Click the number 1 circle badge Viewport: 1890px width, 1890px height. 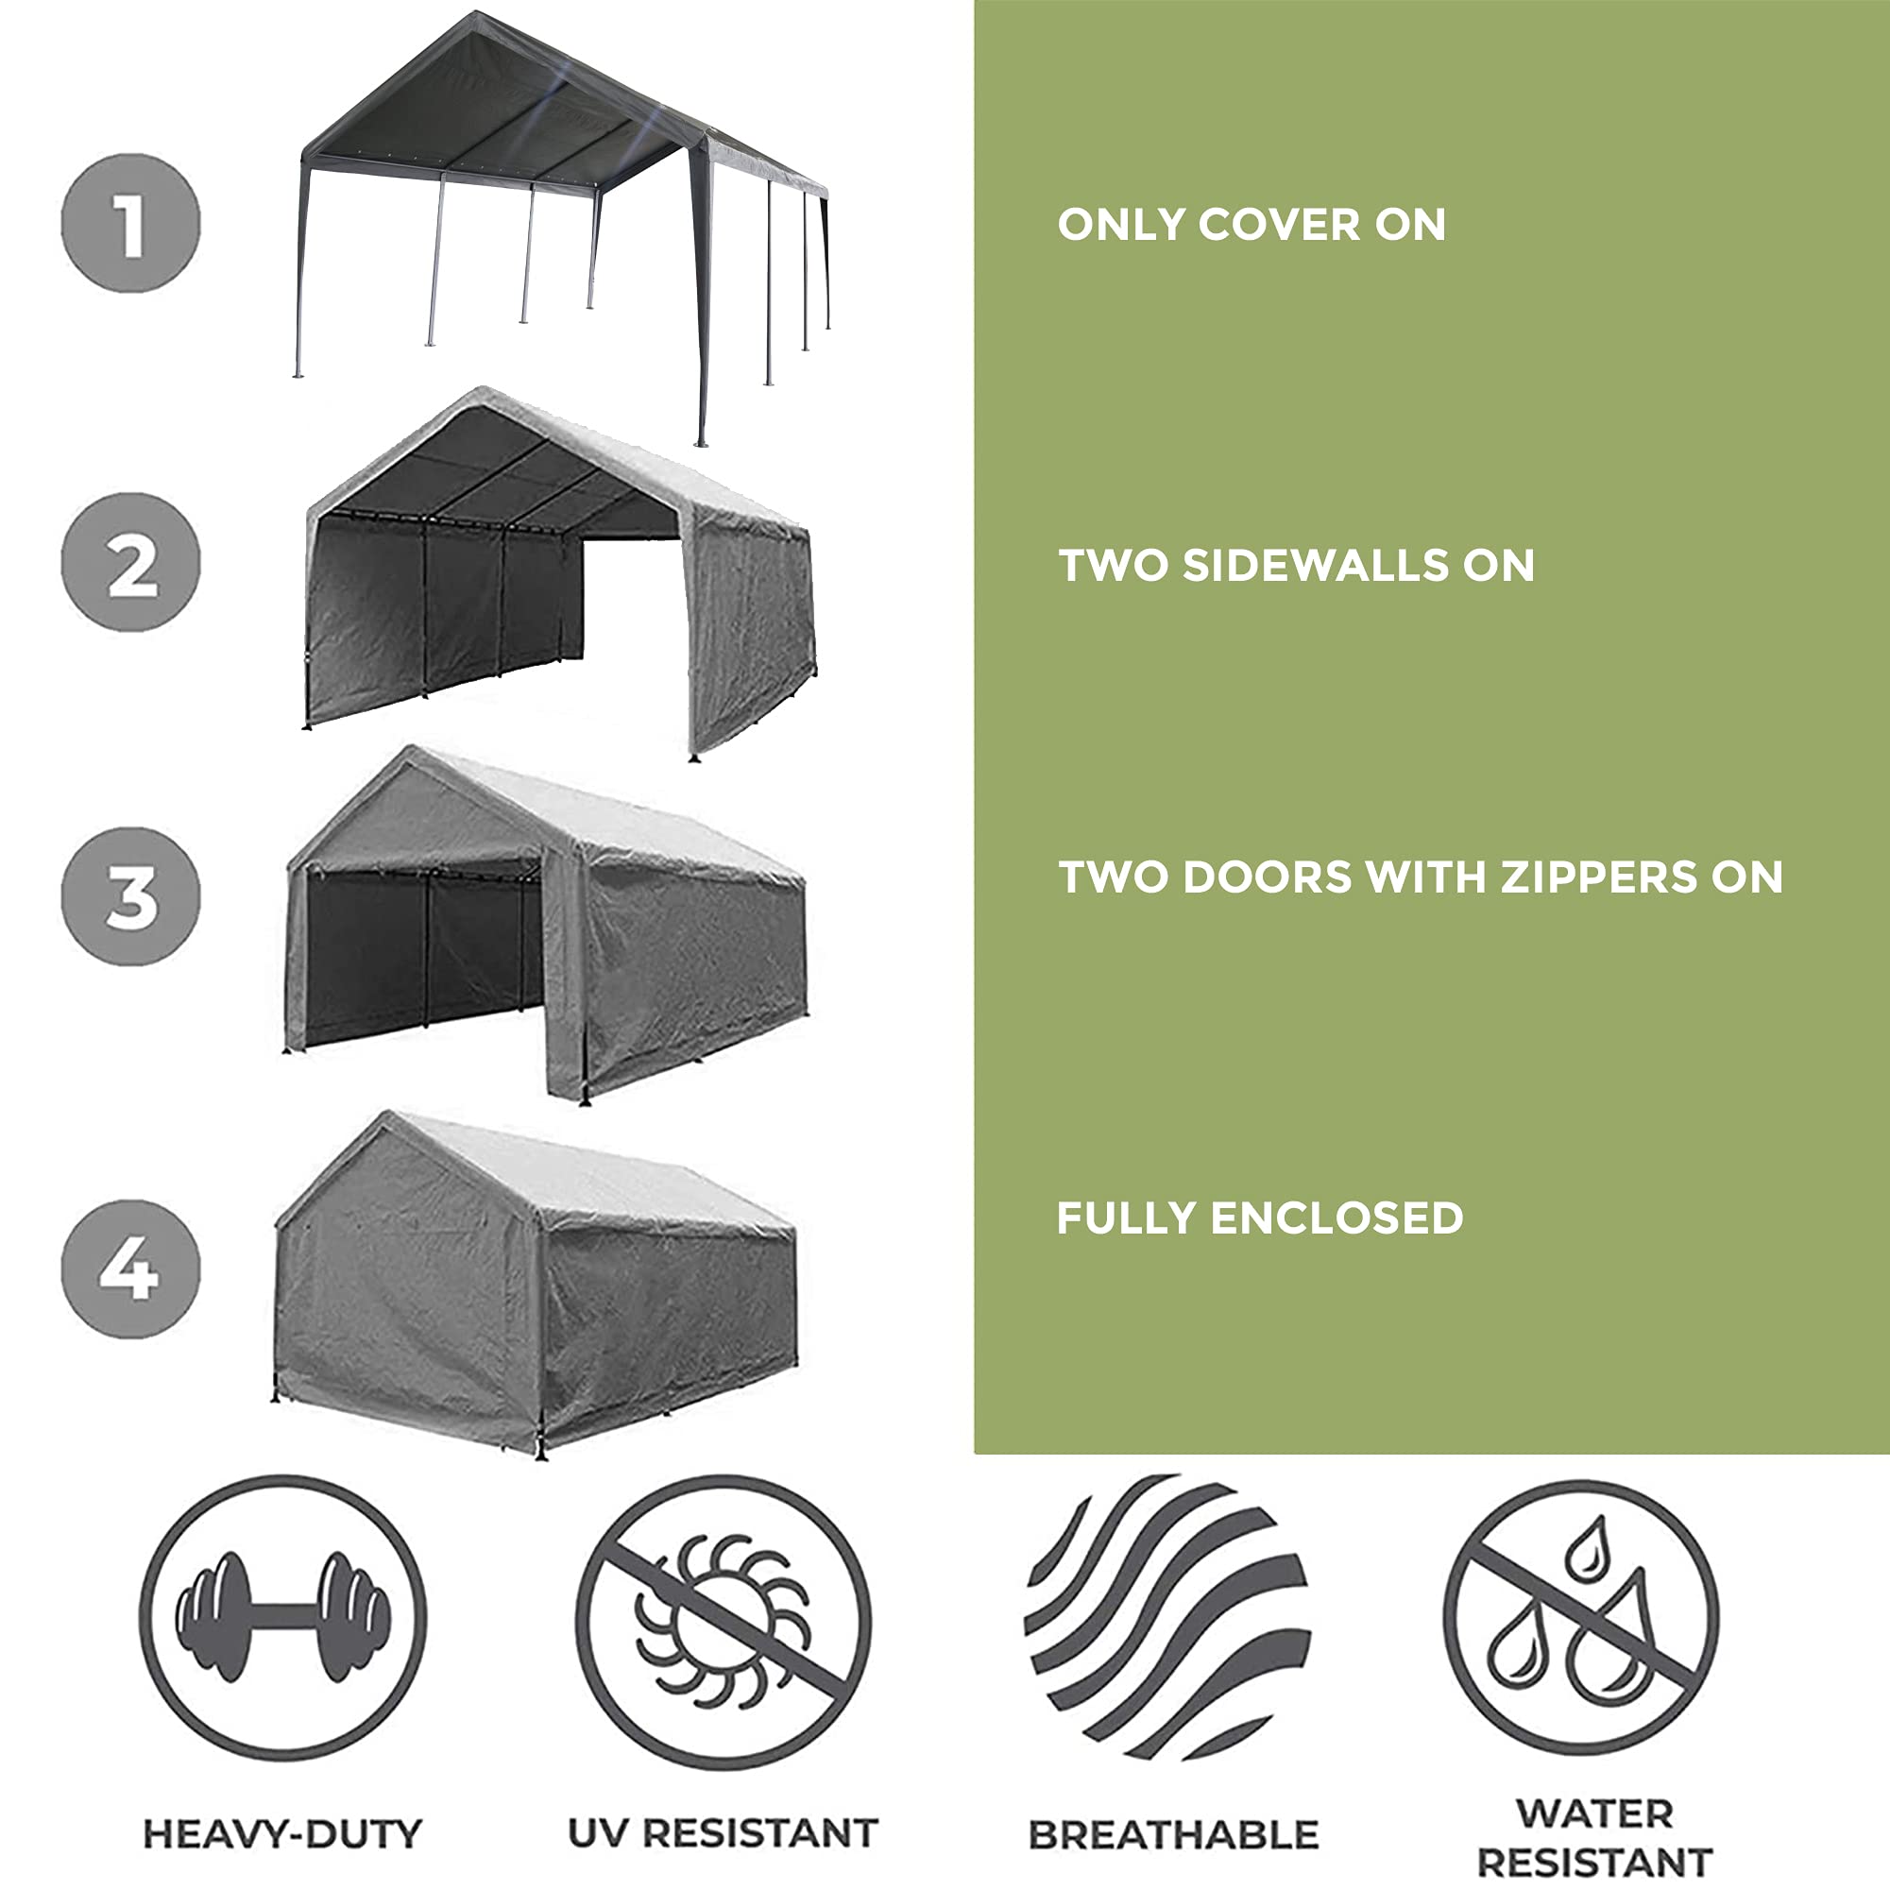(x=130, y=223)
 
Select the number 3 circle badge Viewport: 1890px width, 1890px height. (x=130, y=896)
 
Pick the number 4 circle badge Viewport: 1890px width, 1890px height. (x=130, y=1269)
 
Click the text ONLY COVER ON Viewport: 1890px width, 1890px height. (x=1251, y=225)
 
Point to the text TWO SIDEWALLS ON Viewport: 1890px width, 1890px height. (x=1296, y=566)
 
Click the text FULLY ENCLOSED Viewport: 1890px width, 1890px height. (x=1260, y=1218)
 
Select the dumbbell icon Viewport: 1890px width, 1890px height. (x=282, y=1618)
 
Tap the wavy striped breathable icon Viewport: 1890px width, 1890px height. (x=1166, y=1618)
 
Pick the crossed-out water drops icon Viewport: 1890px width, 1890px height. (x=1581, y=1618)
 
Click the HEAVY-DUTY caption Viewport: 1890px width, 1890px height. (x=282, y=1833)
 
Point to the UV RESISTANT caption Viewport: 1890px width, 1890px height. (x=723, y=1833)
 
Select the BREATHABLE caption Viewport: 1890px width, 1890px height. (x=1173, y=1835)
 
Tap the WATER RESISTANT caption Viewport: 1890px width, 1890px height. (x=1593, y=1837)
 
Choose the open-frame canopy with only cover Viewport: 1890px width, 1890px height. (x=563, y=196)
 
